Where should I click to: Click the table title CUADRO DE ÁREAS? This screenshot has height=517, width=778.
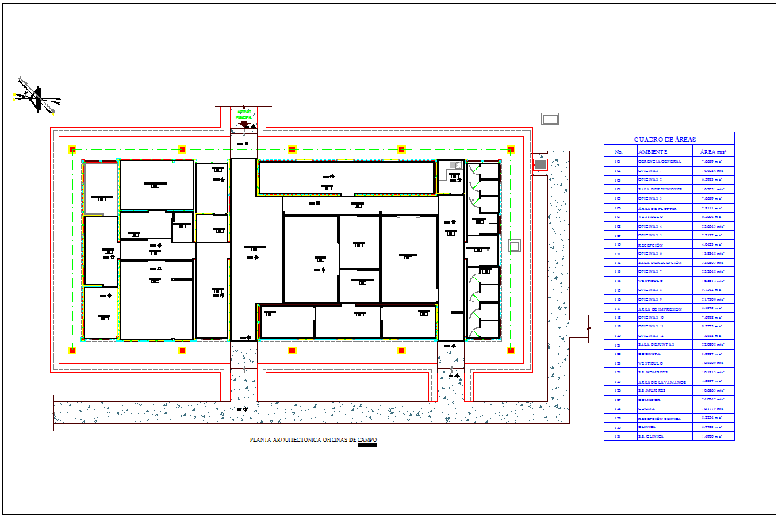669,139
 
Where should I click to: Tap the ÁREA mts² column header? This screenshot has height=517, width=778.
713,151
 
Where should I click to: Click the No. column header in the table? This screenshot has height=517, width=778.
618,151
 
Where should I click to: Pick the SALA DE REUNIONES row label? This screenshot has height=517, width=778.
660,190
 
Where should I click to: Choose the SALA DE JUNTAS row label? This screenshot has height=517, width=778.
657,345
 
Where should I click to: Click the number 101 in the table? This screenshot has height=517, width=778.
618,161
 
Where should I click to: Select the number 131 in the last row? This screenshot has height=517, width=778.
618,436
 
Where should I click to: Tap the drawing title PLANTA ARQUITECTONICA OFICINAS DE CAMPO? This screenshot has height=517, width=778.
313,438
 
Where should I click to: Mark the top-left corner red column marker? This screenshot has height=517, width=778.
72,149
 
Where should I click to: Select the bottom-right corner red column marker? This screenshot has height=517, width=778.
511,350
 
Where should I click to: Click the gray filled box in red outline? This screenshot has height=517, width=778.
540,164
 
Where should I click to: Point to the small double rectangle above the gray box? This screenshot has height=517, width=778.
550,119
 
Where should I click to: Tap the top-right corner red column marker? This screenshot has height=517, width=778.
511,149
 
